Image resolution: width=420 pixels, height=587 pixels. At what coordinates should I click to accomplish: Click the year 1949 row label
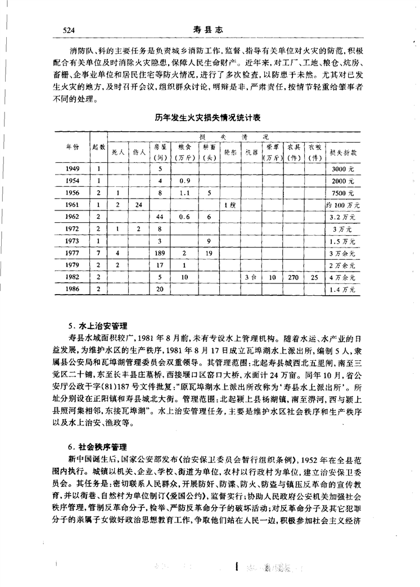click(72, 168)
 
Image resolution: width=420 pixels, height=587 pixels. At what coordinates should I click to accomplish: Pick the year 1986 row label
click(72, 289)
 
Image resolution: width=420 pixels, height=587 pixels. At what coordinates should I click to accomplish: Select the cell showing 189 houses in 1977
click(160, 253)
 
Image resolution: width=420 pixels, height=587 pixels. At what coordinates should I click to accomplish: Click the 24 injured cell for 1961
click(138, 204)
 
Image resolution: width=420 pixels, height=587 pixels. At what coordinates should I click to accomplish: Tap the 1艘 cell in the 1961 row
click(229, 204)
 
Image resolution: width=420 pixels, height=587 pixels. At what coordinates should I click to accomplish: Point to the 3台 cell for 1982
click(251, 277)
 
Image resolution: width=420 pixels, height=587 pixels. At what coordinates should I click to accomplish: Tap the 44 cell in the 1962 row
click(160, 217)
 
